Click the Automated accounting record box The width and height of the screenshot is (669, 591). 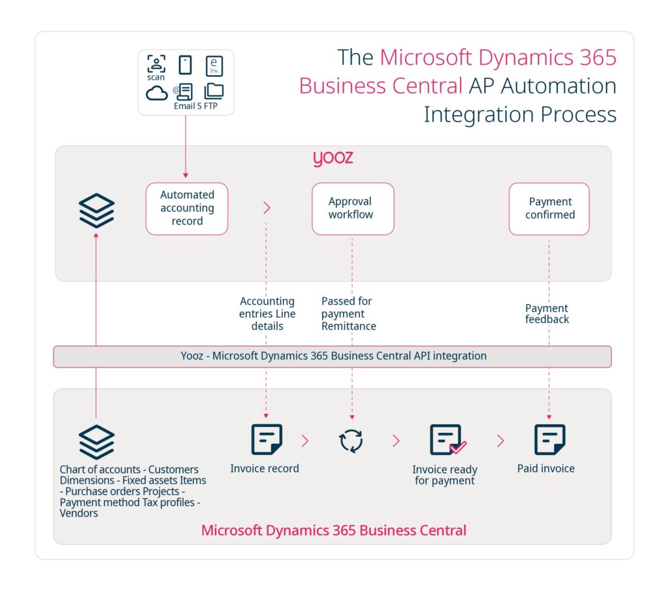(x=187, y=209)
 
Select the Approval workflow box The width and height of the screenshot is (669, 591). (x=353, y=209)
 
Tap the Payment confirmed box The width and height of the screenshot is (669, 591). (x=549, y=209)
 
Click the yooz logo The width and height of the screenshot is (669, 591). (x=333, y=159)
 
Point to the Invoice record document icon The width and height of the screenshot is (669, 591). (x=267, y=439)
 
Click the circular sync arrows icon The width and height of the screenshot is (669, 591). (x=351, y=441)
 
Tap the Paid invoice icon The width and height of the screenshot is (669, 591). (x=549, y=439)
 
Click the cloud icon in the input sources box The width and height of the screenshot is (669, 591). (x=157, y=93)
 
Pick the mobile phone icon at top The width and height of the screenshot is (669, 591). (x=186, y=65)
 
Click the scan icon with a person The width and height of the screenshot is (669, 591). (x=156, y=63)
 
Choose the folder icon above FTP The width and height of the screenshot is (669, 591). (x=214, y=91)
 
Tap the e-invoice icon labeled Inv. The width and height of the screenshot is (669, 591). (x=214, y=65)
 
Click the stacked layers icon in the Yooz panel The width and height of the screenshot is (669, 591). (x=97, y=211)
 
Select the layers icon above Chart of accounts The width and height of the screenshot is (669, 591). (x=97, y=442)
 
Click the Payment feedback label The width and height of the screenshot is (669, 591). (x=547, y=314)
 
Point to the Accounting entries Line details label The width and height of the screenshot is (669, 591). (x=267, y=314)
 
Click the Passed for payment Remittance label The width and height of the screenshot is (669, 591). (x=348, y=314)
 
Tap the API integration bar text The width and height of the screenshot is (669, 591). (x=333, y=356)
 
